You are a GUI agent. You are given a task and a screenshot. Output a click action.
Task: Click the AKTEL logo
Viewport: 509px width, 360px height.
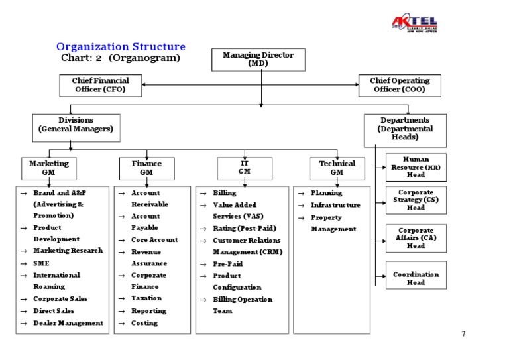point(414,25)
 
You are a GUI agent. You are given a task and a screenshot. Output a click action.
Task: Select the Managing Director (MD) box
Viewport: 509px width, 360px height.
point(258,60)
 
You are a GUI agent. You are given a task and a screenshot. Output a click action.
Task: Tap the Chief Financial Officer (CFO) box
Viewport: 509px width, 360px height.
point(101,85)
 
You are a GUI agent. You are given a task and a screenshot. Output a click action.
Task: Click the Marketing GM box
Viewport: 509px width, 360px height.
point(48,168)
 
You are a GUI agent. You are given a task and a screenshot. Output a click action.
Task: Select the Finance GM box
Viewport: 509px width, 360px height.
point(146,168)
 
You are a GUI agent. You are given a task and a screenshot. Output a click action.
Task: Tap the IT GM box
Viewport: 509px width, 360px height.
point(245,167)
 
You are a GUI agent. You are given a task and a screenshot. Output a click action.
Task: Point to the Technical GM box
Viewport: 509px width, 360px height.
point(337,168)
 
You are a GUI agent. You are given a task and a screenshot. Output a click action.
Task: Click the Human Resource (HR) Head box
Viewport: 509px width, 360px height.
point(416,168)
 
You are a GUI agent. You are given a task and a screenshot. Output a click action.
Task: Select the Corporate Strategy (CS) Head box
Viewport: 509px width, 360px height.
point(416,200)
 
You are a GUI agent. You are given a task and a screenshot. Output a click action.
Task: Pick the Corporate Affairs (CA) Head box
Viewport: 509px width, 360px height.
point(416,238)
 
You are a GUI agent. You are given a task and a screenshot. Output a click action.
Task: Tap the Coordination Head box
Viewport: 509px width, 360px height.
point(416,278)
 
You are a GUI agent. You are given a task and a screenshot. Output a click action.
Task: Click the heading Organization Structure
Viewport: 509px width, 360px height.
point(121,47)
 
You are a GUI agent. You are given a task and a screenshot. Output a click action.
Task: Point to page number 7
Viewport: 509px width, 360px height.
point(463,334)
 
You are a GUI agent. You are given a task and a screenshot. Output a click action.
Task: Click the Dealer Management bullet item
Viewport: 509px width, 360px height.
point(68,323)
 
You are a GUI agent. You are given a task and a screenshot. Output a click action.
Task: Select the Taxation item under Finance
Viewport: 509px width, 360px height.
point(146,298)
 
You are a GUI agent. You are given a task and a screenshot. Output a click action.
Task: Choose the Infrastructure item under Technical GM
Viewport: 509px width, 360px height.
point(335,205)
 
